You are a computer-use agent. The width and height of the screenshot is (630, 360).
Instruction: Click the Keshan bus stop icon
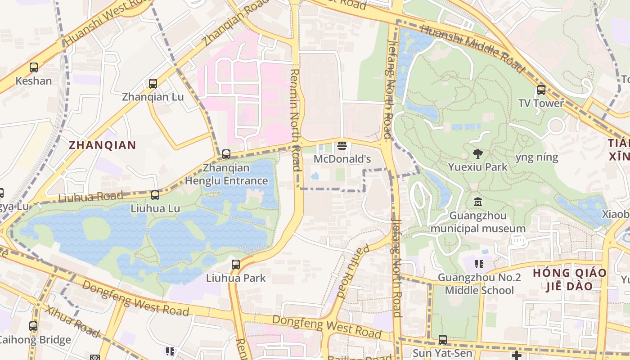tap(34, 67)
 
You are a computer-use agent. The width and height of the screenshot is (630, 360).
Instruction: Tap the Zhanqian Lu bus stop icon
tap(153, 83)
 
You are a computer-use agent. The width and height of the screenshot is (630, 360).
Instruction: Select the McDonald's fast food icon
tap(342, 145)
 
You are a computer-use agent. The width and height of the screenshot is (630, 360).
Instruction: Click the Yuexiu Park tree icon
tap(478, 153)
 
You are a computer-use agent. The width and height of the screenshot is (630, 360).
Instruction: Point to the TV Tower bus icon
tap(541, 90)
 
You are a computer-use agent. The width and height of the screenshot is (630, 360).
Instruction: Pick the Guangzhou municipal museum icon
tap(478, 202)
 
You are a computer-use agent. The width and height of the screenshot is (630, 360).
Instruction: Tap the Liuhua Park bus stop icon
tap(236, 265)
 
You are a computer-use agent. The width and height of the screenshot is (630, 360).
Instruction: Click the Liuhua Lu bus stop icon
tap(155, 195)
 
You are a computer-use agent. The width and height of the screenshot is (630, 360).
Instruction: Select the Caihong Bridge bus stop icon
tap(33, 326)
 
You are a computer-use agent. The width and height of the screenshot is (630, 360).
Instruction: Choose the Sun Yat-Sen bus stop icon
tap(443, 340)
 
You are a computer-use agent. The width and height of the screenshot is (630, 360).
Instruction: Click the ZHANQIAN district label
tap(102, 145)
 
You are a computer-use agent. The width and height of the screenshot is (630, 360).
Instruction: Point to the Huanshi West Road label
tap(103, 22)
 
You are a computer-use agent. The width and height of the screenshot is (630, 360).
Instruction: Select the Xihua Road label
tap(72, 321)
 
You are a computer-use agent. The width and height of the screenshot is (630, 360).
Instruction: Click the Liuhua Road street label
tap(90, 197)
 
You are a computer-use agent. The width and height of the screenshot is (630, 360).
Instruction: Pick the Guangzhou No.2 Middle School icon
tap(479, 264)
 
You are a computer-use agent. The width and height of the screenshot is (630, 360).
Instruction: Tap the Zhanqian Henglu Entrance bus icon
tap(226, 154)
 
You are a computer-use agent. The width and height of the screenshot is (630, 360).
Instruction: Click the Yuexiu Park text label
tap(478, 167)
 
